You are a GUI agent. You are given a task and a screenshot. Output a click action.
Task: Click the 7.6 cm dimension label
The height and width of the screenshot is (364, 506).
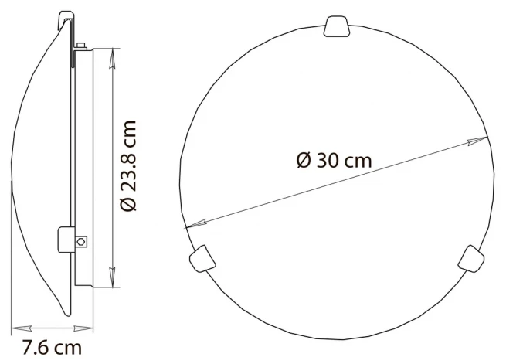coord(52,348)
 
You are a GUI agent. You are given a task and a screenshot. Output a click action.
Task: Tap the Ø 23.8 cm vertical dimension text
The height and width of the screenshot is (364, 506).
coord(128,166)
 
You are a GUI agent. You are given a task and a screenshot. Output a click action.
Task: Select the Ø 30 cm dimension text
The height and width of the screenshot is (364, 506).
coord(334,160)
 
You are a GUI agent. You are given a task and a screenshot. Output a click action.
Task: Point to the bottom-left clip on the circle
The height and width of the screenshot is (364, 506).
coord(202,259)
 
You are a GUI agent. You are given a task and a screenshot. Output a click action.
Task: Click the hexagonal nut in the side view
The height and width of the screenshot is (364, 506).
coord(81,241)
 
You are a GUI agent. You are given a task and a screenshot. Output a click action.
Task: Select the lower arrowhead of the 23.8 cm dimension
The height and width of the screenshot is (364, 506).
coord(112,277)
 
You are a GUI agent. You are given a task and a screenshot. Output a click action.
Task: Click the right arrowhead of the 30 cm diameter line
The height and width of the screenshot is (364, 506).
coord(477,141)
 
